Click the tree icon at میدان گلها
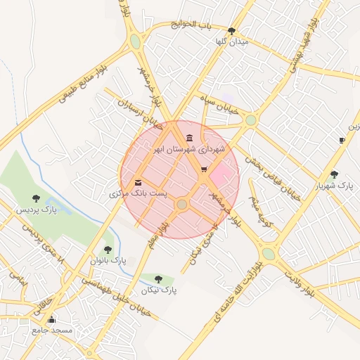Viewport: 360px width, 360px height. click(x=232, y=31)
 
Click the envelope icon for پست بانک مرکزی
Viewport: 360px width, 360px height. click(x=138, y=182)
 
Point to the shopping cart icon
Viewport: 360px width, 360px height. click(x=204, y=169)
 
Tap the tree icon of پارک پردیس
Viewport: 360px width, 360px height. click(x=36, y=198)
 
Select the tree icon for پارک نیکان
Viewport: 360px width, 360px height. click(x=158, y=278)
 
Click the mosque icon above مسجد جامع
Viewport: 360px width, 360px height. click(x=51, y=319)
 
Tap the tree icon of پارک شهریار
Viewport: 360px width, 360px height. click(x=333, y=174)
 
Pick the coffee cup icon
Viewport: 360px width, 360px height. click(x=342, y=141)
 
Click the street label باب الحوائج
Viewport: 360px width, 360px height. click(x=195, y=26)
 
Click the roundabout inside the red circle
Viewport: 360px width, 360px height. click(x=182, y=204)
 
